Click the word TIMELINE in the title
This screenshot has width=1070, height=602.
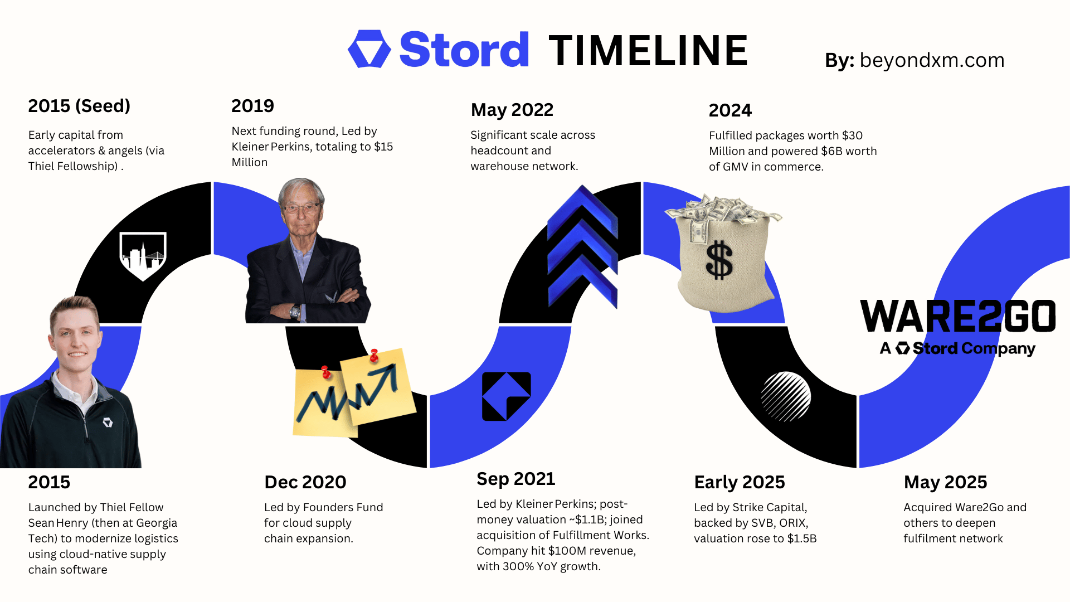coord(648,50)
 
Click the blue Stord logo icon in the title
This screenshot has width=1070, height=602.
coord(369,49)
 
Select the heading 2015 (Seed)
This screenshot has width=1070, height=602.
coord(79,106)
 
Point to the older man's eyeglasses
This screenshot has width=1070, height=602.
coord(302,208)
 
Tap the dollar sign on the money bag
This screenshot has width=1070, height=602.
coord(719,260)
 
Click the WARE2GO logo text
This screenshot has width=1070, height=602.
coord(958,316)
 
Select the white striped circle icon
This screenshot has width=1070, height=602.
coord(786,396)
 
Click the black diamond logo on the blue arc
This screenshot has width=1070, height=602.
coord(506,396)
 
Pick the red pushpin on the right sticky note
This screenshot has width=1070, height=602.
coord(374,355)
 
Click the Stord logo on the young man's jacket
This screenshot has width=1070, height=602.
coord(108,423)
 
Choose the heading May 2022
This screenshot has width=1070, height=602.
coord(512,110)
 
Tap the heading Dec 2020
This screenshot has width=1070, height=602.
coord(305,482)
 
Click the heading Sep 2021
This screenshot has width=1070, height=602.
coord(516,479)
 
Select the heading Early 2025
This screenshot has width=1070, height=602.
coord(740,482)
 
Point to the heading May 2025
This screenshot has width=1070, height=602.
coord(945,482)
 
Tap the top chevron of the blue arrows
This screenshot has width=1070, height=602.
coord(583,212)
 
